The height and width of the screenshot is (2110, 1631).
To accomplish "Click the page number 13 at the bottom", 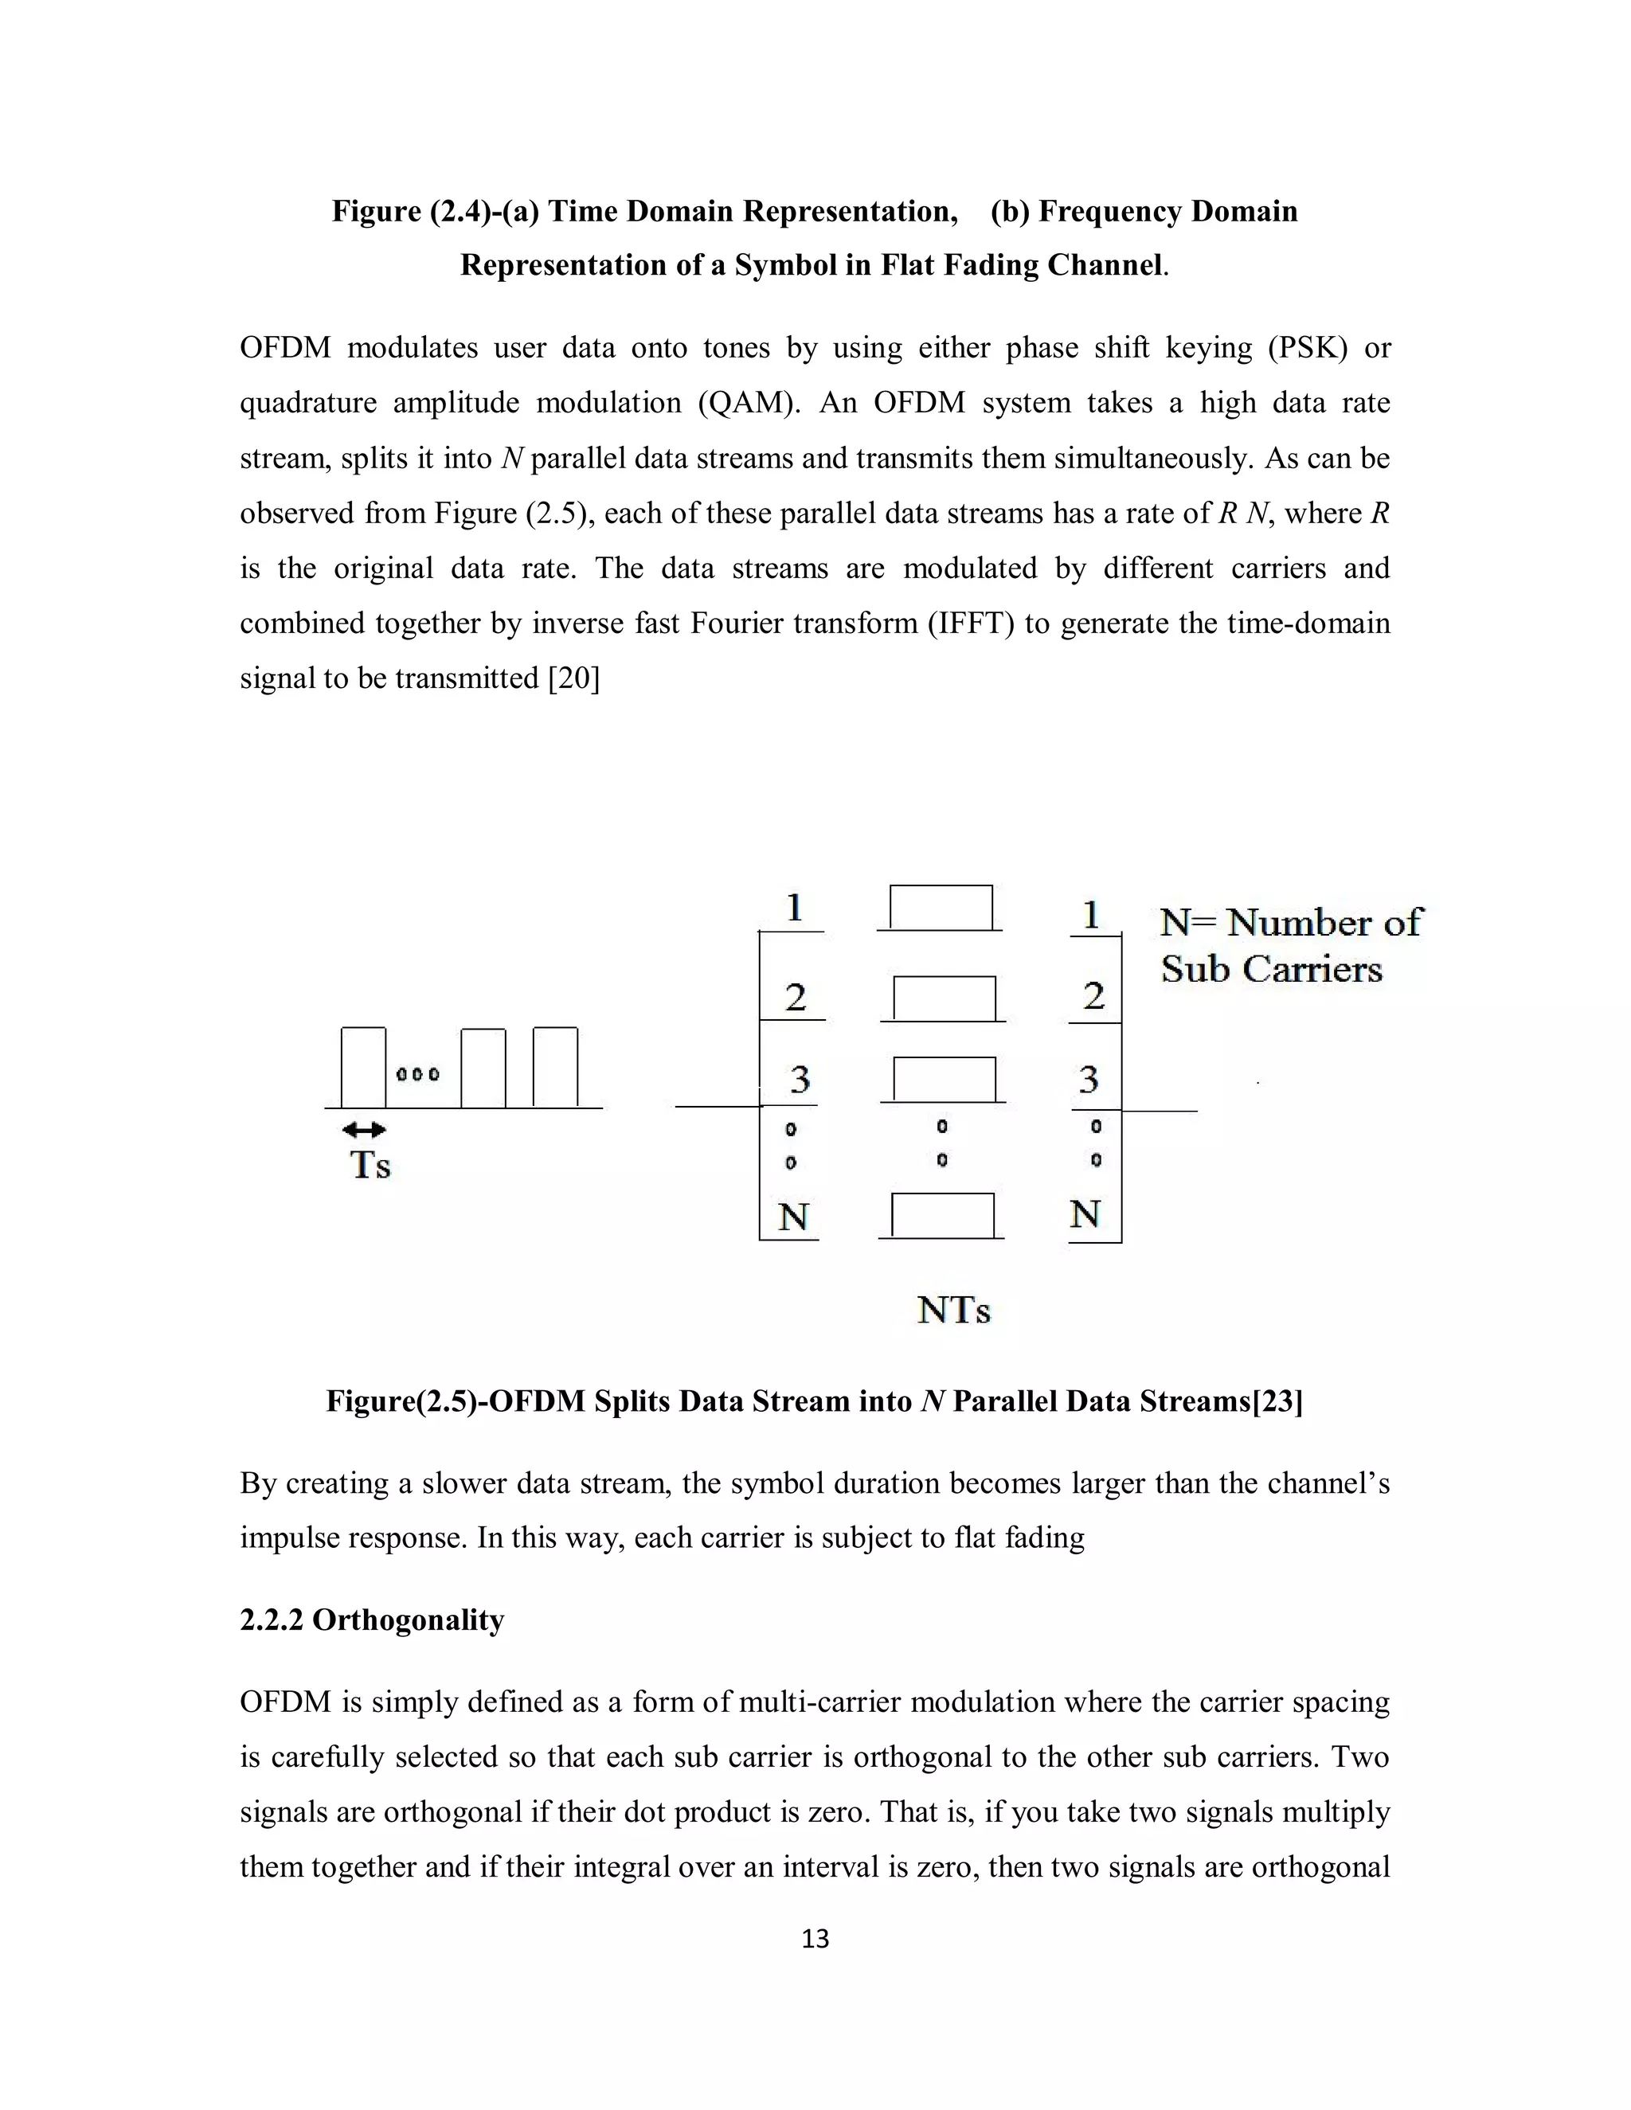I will click(815, 1938).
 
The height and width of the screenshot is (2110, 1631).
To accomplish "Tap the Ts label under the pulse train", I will click(369, 1165).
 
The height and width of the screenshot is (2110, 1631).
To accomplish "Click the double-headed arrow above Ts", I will click(364, 1129).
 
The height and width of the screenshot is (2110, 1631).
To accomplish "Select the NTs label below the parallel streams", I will click(953, 1310).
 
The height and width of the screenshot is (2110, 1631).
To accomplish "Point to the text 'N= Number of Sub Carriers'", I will click(1289, 946).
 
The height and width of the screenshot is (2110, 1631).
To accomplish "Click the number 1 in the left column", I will click(794, 908).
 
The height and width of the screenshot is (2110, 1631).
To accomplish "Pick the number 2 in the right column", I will click(1093, 996).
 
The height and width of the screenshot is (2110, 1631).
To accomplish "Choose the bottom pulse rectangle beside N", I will click(942, 1215).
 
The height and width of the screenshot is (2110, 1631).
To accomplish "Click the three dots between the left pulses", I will click(418, 1074).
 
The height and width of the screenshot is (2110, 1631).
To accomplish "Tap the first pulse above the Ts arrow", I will click(363, 1067).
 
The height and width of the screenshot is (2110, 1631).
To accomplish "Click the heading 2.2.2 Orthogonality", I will click(372, 1620).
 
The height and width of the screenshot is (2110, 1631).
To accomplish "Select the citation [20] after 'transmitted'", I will click(574, 678).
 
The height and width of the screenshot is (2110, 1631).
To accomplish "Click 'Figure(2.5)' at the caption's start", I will click(402, 1401).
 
